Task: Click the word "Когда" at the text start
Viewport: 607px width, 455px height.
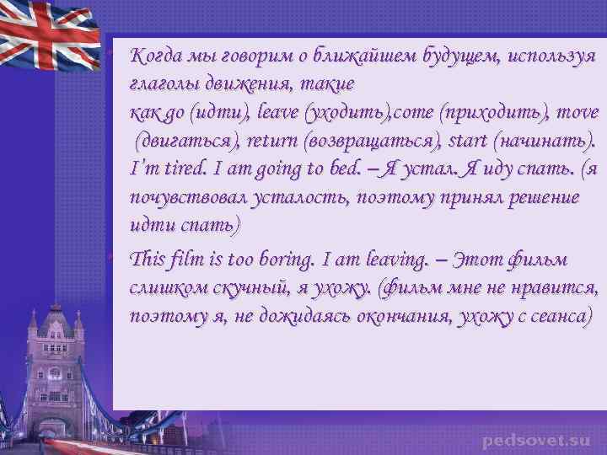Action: pyautogui.click(x=153, y=56)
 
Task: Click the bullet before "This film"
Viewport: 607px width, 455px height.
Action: pyautogui.click(x=121, y=256)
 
